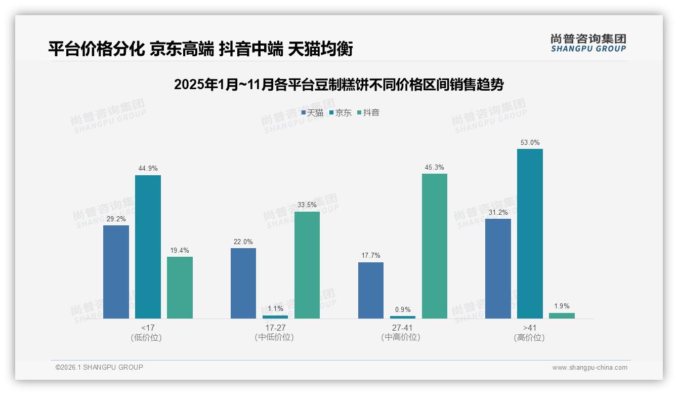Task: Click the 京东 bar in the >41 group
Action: [x=530, y=233]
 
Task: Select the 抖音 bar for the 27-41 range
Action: [x=434, y=246]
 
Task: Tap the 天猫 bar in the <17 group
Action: [x=116, y=272]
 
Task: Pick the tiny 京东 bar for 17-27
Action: [x=275, y=317]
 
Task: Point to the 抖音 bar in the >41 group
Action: [x=562, y=315]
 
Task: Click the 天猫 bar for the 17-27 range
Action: [x=243, y=283]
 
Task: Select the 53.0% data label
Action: [x=530, y=143]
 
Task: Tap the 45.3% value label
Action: [x=434, y=168]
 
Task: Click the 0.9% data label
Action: [x=403, y=309]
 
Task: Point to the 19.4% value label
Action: [x=180, y=251]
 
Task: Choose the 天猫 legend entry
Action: [x=312, y=113]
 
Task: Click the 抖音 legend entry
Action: [x=368, y=113]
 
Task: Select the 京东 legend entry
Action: [x=340, y=113]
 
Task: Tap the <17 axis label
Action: [x=148, y=328]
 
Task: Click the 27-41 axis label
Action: [x=402, y=328]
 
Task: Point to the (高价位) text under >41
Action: [x=529, y=337]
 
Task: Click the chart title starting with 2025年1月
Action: [x=338, y=85]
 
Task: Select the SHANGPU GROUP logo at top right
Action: [x=588, y=43]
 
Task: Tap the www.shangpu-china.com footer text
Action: [x=589, y=368]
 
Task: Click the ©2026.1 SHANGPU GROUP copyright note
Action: [x=99, y=367]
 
